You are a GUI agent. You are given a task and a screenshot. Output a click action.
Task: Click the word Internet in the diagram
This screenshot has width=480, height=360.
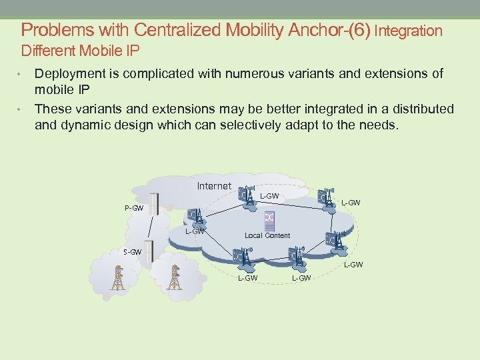tap(214, 186)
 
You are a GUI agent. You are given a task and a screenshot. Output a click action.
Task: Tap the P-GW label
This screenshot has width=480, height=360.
tap(134, 208)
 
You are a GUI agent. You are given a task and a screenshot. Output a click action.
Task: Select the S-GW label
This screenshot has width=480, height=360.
tap(132, 252)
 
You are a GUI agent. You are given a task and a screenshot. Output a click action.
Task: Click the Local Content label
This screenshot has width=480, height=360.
tap(267, 235)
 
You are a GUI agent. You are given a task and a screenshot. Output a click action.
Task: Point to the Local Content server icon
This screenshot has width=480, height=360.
tap(269, 219)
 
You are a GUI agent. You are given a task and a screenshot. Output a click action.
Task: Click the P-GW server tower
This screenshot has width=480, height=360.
tap(155, 204)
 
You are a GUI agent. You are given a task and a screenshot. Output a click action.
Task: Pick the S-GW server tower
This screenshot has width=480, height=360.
tap(149, 251)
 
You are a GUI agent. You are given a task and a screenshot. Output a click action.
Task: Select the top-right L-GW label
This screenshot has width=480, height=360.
tap(351, 203)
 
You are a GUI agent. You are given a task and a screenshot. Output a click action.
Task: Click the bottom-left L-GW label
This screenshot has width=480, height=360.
tap(247, 278)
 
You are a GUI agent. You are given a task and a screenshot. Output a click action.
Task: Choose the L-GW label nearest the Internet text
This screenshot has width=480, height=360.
tap(269, 196)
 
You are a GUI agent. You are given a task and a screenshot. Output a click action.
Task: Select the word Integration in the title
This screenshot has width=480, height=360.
tap(409, 31)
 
